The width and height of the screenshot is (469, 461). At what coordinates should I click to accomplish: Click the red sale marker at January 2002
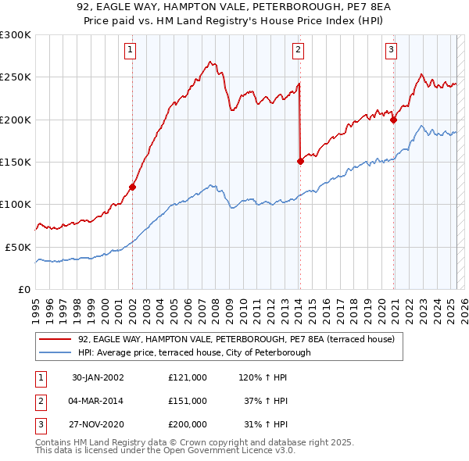pos(132,187)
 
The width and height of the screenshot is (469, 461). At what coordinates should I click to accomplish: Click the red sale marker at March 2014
pos(300,162)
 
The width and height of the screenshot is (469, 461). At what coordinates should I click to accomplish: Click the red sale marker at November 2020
pos(393,120)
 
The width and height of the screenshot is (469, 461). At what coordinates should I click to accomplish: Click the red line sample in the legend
pos(55,340)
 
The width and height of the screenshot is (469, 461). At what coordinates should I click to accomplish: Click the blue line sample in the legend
pos(55,352)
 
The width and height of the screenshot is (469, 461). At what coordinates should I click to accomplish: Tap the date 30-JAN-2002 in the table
pos(98,377)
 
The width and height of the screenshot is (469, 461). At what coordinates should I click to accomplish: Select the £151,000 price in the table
pos(188,401)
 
